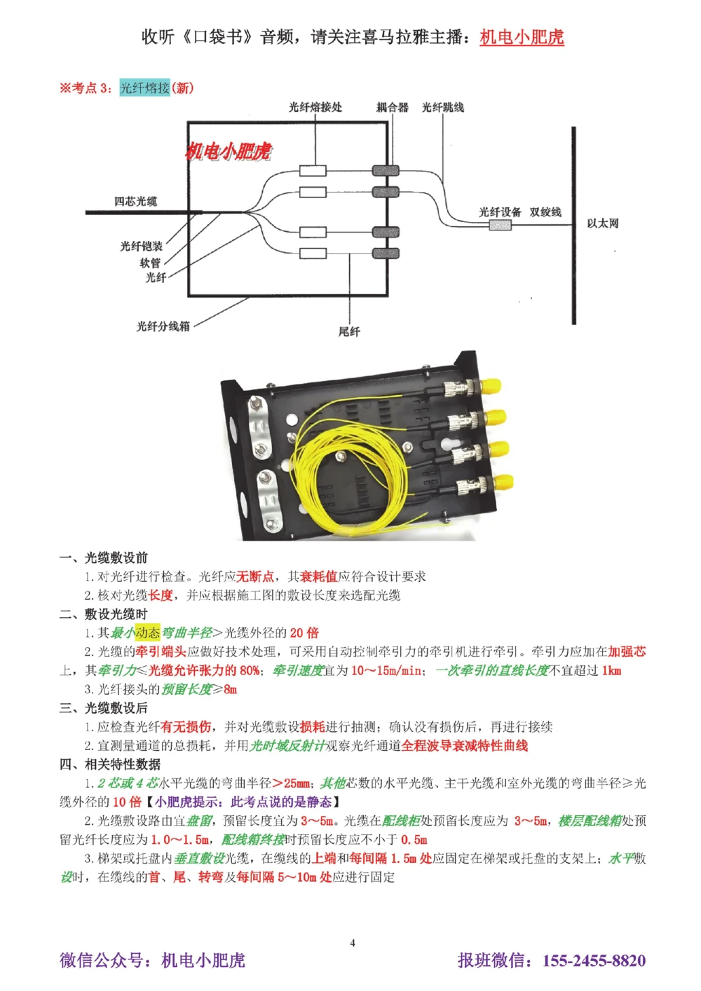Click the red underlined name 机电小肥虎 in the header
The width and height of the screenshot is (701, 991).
522,37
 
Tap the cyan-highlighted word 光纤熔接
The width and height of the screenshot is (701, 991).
144,88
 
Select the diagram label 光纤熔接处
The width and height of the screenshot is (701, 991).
315,107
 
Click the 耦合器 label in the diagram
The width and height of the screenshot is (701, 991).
392,107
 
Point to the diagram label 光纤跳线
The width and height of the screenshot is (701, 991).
442,107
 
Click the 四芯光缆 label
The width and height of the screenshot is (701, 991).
135,201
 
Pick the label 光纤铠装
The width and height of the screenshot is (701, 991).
141,246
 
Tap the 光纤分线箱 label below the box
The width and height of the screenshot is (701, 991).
163,326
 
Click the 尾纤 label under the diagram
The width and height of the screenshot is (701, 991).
349,331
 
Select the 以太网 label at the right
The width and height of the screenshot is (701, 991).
602,223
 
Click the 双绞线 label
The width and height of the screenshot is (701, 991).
545,212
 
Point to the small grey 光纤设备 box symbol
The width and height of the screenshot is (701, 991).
500,225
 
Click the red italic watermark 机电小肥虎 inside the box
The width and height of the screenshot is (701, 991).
229,151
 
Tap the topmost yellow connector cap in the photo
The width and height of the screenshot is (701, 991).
492,387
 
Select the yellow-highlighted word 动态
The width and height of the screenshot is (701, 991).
147,632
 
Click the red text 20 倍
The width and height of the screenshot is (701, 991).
304,632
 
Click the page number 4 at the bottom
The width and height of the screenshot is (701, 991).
353,943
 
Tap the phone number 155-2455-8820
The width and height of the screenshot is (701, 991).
594,960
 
